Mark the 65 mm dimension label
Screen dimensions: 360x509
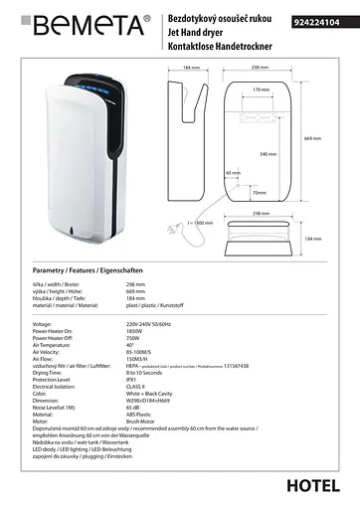pos(232,173)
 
